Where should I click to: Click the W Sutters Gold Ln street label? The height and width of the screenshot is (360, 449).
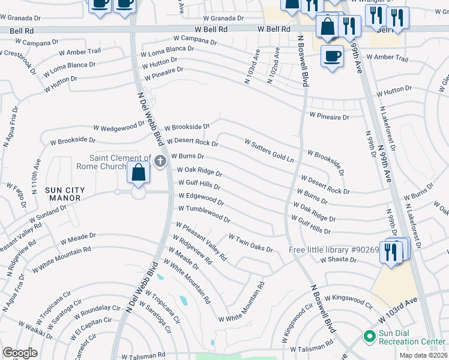(270, 151)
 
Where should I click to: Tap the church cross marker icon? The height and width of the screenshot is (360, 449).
(160, 161)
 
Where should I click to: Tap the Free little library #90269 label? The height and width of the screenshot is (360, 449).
(334, 250)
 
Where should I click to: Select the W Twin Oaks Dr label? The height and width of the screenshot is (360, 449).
(250, 244)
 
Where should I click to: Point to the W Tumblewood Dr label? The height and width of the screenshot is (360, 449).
(204, 213)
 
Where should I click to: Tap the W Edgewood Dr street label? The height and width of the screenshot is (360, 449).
(201, 199)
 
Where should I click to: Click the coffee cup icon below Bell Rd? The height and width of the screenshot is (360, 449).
(332, 57)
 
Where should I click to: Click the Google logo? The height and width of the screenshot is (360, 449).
(20, 353)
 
